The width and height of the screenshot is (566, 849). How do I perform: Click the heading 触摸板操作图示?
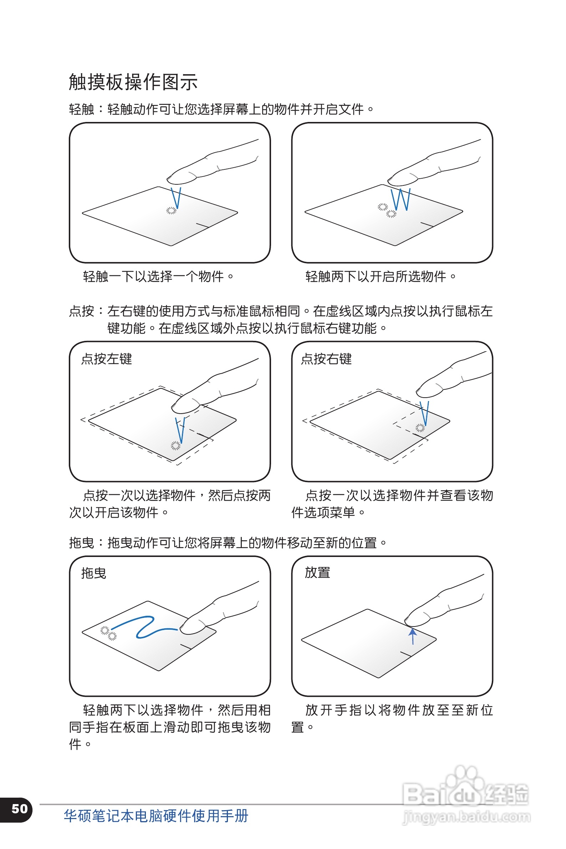click(x=133, y=82)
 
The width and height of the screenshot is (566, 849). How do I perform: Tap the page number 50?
click(x=20, y=809)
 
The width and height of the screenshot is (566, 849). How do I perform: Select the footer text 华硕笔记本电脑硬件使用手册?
click(x=156, y=816)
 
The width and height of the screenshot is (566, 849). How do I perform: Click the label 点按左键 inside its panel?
click(x=107, y=359)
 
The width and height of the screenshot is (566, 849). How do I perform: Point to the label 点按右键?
click(x=326, y=359)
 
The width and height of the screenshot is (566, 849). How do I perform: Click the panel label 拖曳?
click(x=93, y=573)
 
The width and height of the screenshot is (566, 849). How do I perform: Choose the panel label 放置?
click(x=317, y=573)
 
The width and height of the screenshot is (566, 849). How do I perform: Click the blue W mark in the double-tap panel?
click(x=401, y=199)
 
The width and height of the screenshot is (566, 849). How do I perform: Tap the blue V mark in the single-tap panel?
click(x=176, y=198)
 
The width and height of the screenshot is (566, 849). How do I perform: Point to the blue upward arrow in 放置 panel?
click(x=413, y=636)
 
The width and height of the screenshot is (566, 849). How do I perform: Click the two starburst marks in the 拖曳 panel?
click(x=108, y=633)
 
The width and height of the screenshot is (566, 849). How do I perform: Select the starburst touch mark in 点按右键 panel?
click(x=420, y=428)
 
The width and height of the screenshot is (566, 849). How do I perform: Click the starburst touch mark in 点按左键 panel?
click(x=175, y=446)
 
